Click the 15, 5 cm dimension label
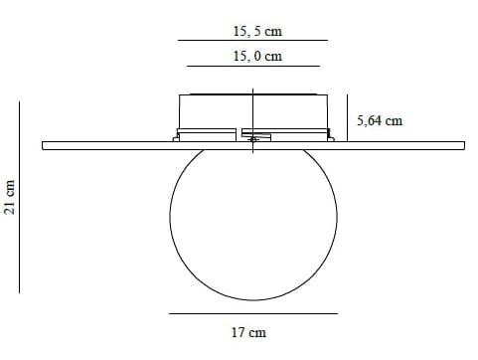pos(254,31)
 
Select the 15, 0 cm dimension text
pos(257,57)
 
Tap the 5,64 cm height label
pos(380,120)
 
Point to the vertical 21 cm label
pos(10,198)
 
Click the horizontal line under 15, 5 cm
pos(252,41)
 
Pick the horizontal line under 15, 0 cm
pos(252,67)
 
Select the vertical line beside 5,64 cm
pos(347,118)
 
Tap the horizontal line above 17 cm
pos(252,313)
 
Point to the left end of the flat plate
pos(45,146)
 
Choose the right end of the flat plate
pos(461,146)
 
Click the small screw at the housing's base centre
pos(253,139)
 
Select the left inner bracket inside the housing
pos(209,133)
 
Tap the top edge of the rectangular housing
pos(253,95)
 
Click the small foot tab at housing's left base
pos(180,134)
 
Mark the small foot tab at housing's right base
pos(327,134)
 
